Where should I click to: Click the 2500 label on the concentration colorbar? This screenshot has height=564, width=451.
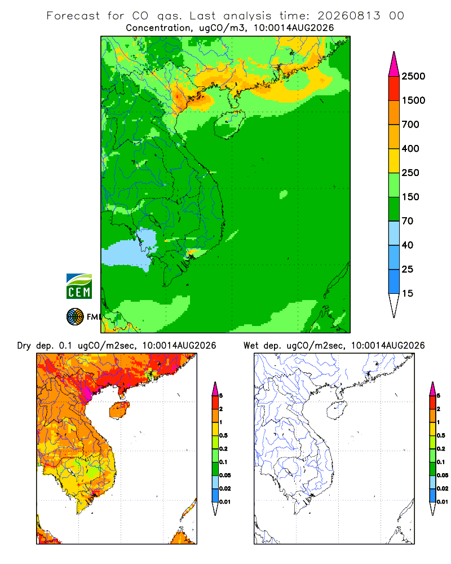[413, 76]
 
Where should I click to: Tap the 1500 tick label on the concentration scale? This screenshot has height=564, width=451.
[413, 100]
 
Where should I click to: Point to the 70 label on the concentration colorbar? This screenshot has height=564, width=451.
[408, 221]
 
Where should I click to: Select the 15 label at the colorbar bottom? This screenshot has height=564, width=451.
[408, 293]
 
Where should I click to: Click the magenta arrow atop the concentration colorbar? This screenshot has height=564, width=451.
[394, 65]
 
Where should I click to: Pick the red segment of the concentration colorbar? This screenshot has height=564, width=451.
[394, 89]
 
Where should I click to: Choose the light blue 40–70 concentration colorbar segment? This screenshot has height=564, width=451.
[394, 233]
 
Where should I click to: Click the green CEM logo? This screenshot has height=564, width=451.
[79, 287]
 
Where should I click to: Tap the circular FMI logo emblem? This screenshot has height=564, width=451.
[75, 316]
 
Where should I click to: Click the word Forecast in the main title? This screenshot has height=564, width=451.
[73, 16]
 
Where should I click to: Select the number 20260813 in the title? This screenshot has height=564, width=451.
[348, 16]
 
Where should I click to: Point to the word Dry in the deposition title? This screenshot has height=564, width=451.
[24, 346]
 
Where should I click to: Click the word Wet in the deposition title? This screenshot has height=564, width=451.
[251, 345]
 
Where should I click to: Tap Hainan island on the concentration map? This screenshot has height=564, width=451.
[229, 124]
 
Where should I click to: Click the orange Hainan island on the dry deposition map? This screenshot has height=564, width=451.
[120, 410]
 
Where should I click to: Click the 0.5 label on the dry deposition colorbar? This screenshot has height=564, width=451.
[223, 435]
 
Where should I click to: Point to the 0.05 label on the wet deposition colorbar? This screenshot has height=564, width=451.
[443, 475]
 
